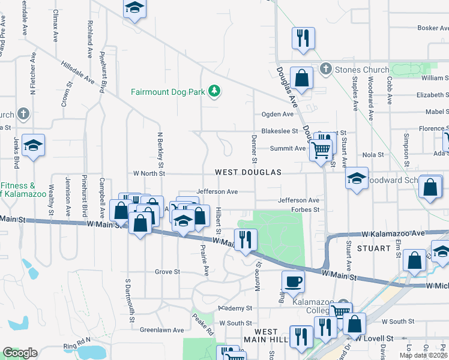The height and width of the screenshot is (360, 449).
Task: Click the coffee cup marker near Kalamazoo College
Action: (292, 282)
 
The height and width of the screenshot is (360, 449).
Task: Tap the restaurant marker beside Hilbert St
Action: (246, 240)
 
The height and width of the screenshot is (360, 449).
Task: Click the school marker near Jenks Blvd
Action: (34, 146)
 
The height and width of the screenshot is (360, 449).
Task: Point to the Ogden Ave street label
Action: (277, 114)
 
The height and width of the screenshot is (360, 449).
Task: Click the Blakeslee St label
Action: (279, 131)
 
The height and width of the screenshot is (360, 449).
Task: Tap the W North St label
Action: (149, 173)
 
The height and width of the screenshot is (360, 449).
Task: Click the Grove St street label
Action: (167, 272)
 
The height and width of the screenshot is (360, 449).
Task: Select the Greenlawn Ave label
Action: (161, 330)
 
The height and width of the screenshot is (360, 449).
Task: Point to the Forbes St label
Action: (305, 210)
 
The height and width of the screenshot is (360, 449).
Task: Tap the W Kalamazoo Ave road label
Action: (393, 232)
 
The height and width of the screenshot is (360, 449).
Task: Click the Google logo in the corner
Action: (20, 353)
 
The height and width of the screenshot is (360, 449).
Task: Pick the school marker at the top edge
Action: (135, 8)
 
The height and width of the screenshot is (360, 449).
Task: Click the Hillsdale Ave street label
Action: (77, 71)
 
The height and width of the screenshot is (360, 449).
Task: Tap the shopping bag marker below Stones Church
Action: (302, 78)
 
